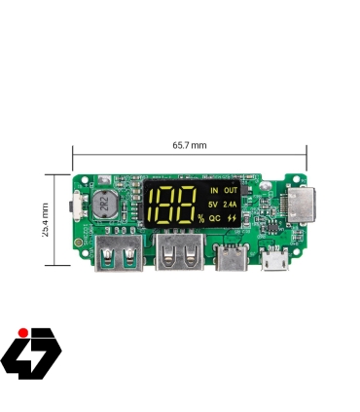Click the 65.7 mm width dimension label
pyautogui.click(x=191, y=144)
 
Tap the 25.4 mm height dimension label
pyautogui.click(x=45, y=219)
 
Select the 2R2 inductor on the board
pyautogui.click(x=102, y=206)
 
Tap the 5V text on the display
pyautogui.click(x=213, y=205)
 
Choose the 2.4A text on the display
pyautogui.click(x=230, y=205)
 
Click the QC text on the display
pyautogui.click(x=214, y=219)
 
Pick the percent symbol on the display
pyautogui.click(x=200, y=218)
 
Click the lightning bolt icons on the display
pyautogui.click(x=231, y=219)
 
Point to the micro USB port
pyautogui.click(x=273, y=260)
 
